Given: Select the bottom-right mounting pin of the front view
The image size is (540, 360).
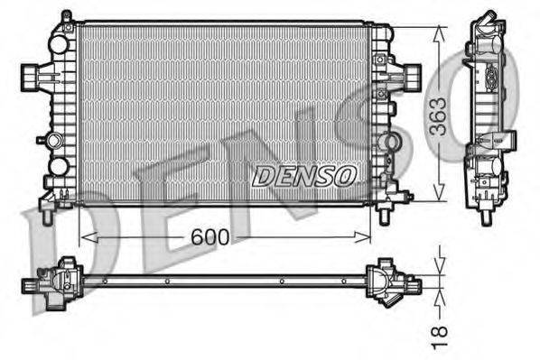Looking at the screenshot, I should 385,215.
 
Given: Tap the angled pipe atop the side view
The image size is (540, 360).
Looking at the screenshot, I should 487,20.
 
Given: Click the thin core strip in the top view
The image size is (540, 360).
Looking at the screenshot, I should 226,281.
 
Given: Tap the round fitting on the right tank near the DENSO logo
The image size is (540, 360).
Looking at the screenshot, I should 389,142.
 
